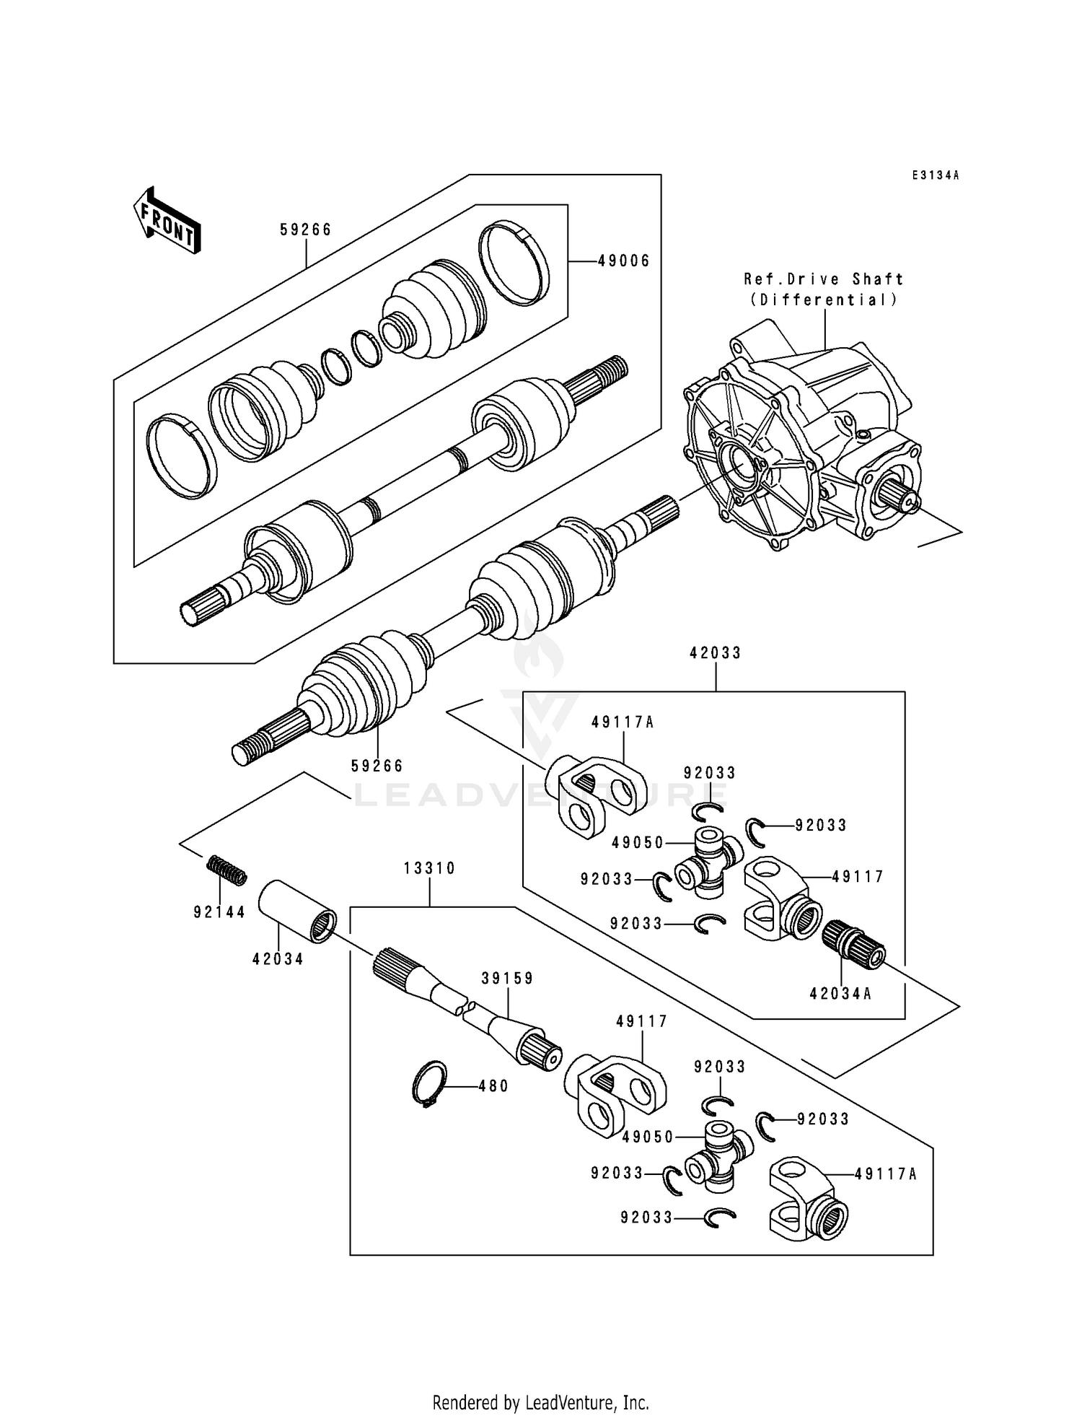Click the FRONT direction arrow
[166, 219]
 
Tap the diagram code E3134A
[935, 175]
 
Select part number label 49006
[623, 261]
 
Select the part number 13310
[429, 868]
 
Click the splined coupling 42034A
[854, 944]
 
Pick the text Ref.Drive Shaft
[824, 279]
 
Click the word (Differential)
[824, 300]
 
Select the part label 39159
[508, 978]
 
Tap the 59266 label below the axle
[377, 766]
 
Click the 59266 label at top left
[306, 230]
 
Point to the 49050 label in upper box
[638, 842]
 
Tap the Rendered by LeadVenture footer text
[540, 1402]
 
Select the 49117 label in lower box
[642, 1021]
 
